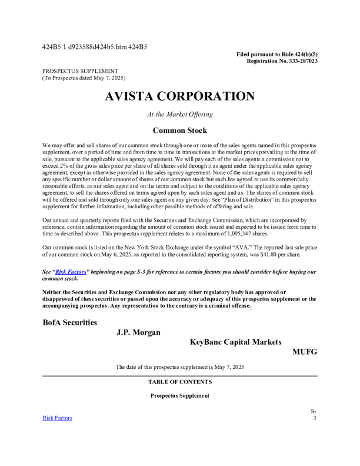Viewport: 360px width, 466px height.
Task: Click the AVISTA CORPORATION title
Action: [179, 96]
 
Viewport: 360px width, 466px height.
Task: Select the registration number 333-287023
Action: [300, 61]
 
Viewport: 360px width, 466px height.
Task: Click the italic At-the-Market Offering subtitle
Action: [179, 114]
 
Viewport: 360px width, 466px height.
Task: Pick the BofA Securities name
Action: [70, 322]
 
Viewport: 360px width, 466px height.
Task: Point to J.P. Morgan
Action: [138, 332]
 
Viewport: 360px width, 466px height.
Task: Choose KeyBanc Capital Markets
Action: [235, 342]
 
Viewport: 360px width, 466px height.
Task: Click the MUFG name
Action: [305, 352]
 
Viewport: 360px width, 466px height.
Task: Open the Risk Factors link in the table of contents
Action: [58, 418]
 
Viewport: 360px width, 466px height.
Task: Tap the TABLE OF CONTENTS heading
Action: [179, 382]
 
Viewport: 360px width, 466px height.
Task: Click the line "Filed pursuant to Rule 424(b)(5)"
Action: [277, 54]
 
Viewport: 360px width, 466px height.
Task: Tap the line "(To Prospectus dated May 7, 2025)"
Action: [84, 78]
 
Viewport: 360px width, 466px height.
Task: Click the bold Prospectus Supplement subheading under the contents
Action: [179, 396]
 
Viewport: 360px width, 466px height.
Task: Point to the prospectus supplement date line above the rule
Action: [179, 367]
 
